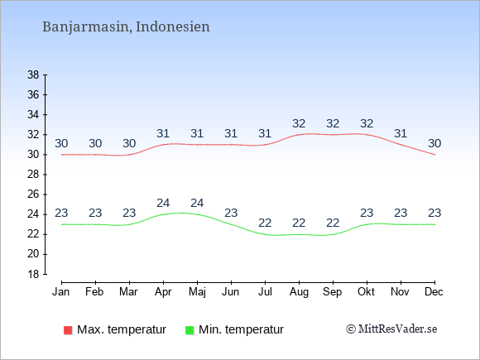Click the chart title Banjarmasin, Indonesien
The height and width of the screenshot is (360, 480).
coord(126,26)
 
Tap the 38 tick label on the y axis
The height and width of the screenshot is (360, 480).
coord(33,74)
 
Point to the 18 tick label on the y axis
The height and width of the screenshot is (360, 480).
coord(33,274)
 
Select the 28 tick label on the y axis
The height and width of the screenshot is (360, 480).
coord(33,175)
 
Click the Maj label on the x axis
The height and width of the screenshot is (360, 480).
coord(197,292)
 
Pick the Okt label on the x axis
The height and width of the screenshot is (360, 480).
coord(366,292)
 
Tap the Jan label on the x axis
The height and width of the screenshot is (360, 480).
coord(61,292)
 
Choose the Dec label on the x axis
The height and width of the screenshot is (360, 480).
coord(434,292)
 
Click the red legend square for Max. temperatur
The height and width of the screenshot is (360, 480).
coord(68,330)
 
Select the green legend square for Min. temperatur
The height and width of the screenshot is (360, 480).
coord(190,330)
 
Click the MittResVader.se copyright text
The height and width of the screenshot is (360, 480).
coord(391,329)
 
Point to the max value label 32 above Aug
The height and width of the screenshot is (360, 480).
coord(299,123)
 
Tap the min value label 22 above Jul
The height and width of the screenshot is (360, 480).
coord(265,223)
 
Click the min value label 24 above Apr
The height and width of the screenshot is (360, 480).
coord(163,203)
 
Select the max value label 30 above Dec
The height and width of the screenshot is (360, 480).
coord(434,143)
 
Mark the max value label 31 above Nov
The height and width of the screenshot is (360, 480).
coord(401,133)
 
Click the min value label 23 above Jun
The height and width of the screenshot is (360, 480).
coord(231,213)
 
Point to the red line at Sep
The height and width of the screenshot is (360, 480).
coord(333,134)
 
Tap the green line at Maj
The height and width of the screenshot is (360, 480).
coord(197,214)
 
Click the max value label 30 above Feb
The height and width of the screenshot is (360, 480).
coord(95,143)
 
